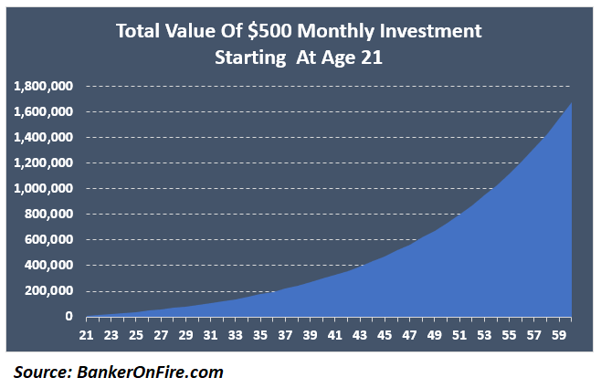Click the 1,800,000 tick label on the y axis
[43, 87]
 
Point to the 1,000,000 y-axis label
[43, 189]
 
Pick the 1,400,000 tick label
[43, 138]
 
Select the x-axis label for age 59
[559, 333]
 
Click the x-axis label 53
[485, 333]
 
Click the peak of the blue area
[572, 103]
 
